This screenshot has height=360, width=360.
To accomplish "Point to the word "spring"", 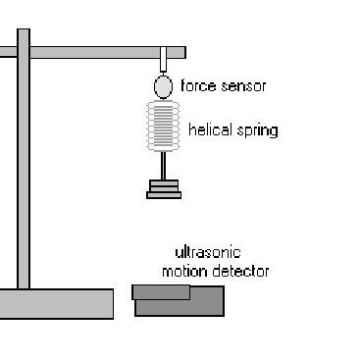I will tap(258, 130).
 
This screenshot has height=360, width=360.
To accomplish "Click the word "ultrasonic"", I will tap(207, 252).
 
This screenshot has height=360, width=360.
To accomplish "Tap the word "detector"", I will tap(242, 271).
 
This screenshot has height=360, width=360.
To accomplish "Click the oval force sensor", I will tap(163, 87).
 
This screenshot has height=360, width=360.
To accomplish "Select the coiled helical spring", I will tap(164, 128).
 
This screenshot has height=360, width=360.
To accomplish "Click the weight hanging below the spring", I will tap(164, 188).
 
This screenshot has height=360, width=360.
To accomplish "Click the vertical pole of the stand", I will tap(24, 177).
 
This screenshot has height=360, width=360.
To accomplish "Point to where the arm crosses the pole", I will tap(24, 52).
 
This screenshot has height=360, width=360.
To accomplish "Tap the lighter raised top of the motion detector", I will tap(161, 291).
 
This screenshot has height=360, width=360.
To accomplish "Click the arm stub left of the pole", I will tap(8, 52).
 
